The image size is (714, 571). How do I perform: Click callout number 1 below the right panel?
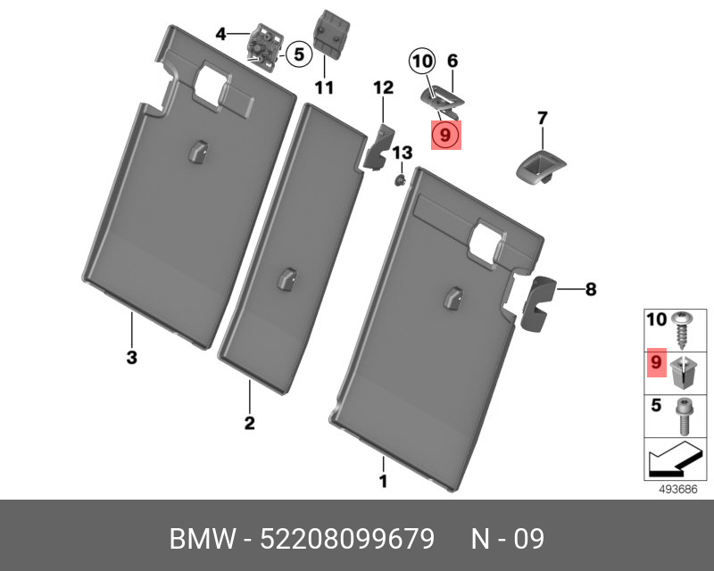[384, 481]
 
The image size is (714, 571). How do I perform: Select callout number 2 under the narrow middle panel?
[250, 423]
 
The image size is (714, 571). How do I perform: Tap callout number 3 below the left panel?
[131, 358]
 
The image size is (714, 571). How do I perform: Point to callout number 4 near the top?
[220, 34]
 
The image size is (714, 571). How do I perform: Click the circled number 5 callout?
[298, 54]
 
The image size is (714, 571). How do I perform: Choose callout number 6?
[452, 61]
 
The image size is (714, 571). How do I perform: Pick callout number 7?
[542, 119]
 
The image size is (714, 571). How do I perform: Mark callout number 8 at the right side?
[591, 289]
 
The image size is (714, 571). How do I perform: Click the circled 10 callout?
[422, 61]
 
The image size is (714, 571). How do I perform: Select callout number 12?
[384, 87]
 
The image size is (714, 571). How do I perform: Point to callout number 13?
[403, 153]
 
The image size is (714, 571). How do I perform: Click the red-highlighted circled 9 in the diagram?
[445, 136]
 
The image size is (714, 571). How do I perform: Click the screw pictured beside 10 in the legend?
[682, 330]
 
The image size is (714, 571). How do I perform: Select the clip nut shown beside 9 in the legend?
[683, 372]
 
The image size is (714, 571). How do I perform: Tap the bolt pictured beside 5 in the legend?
[683, 416]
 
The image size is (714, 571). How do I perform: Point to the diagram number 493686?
[678, 490]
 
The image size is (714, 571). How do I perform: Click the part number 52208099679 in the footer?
[347, 539]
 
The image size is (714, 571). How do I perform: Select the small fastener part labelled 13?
[399, 180]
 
